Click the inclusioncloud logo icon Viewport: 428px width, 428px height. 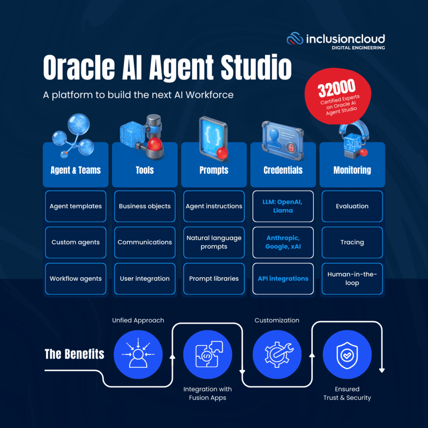[x=295, y=39]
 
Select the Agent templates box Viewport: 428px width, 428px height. [x=76, y=206]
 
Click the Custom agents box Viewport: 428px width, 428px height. [x=76, y=242]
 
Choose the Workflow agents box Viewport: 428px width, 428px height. [x=76, y=279]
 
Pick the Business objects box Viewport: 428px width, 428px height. [x=145, y=206]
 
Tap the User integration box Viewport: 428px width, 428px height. [x=145, y=279]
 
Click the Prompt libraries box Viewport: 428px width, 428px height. [x=214, y=279]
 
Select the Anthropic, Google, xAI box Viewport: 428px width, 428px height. [x=283, y=242]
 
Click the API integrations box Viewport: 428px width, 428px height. [x=283, y=279]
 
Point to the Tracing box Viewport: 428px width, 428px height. [x=352, y=242]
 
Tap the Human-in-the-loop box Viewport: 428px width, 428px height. [x=352, y=279]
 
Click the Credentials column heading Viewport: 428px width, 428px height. [x=283, y=170]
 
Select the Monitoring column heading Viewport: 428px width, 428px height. [x=352, y=170]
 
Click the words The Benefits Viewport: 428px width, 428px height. [x=74, y=354]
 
